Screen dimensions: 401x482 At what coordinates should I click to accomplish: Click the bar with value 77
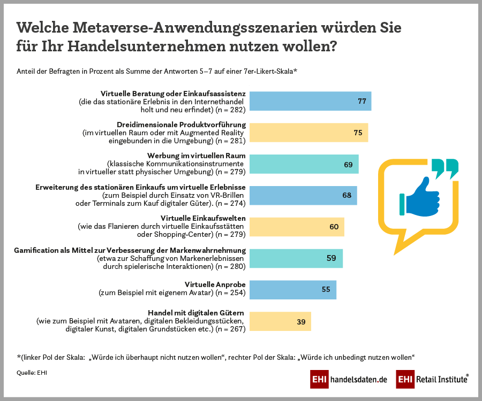tap(311, 101)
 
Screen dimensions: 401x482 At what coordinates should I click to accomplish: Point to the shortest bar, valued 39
tap(280, 321)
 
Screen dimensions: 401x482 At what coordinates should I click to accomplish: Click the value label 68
tap(347, 195)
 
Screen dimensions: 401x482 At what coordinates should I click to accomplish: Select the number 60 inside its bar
tap(334, 227)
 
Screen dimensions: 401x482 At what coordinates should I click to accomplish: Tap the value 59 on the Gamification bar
tap(331, 258)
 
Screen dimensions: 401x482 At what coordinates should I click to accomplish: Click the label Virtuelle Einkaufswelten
tap(203, 218)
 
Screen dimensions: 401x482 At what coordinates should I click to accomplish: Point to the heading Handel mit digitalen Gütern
tap(196, 312)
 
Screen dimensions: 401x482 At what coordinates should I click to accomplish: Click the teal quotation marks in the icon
tap(445, 168)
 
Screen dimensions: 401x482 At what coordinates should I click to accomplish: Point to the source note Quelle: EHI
tap(32, 373)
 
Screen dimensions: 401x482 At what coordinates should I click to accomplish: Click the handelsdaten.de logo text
tap(358, 380)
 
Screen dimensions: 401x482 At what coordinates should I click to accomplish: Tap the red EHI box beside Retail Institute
tap(405, 380)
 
